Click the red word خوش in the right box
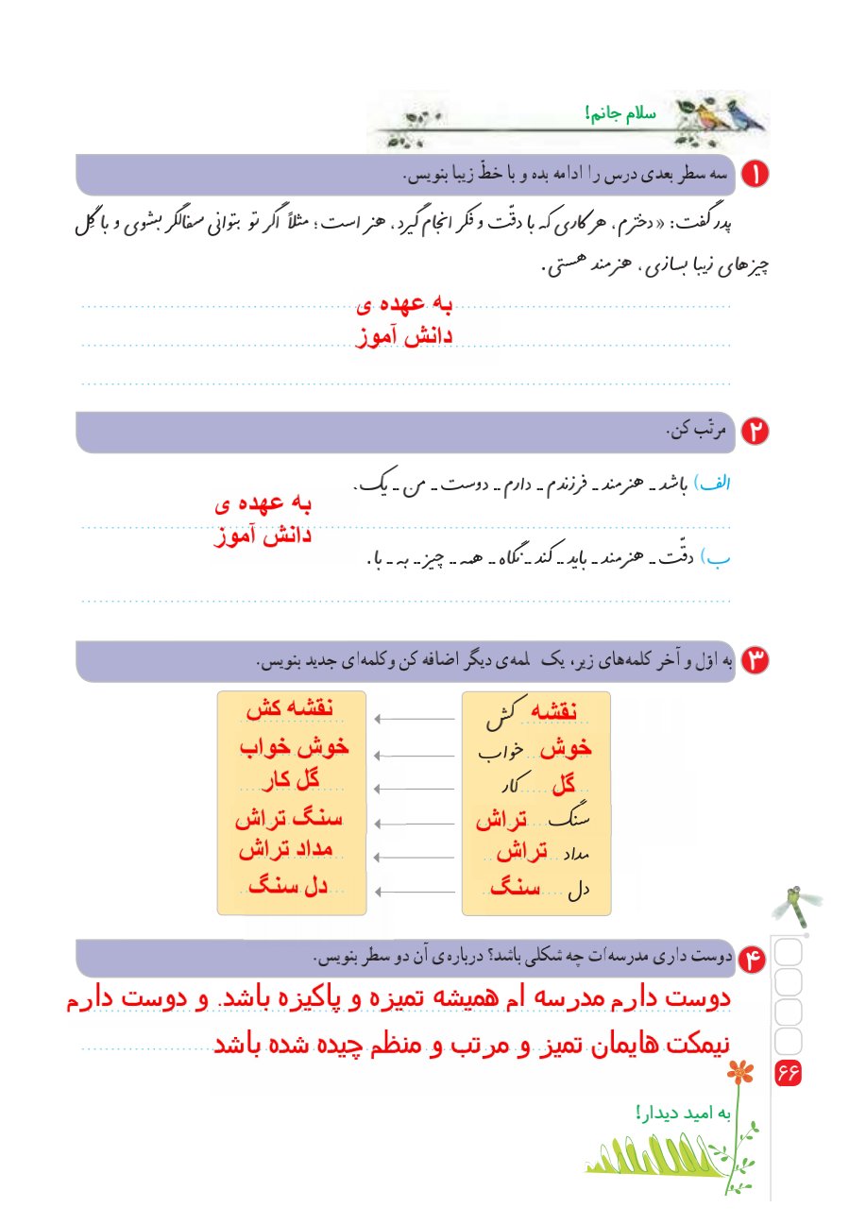[566, 747]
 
